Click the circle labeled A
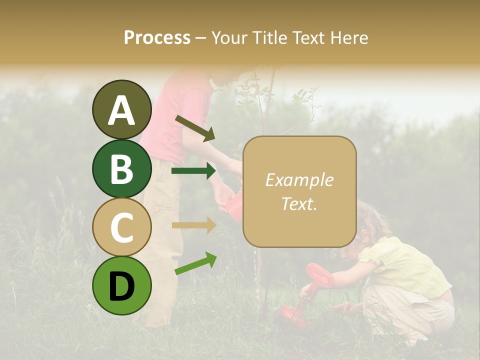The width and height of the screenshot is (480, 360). tap(121, 109)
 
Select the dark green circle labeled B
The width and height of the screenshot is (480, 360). tap(121, 168)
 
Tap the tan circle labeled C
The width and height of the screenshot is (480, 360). tap(121, 227)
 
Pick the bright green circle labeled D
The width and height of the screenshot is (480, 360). tap(121, 285)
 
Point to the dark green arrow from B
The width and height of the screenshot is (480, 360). tap(193, 171)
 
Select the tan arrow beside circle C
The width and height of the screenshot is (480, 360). tap(193, 225)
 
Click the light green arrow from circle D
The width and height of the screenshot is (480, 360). tap(195, 263)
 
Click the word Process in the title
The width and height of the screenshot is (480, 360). tap(157, 38)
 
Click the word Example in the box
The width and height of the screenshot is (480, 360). tap(299, 180)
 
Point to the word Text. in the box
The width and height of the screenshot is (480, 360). tap(299, 203)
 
